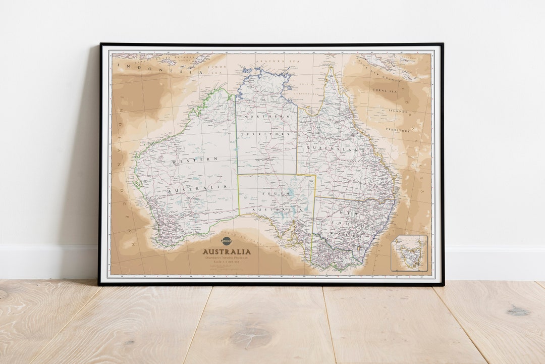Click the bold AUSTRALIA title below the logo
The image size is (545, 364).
pyautogui.click(x=227, y=251)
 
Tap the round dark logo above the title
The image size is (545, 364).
pyautogui.click(x=227, y=241)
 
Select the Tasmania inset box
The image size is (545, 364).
pyautogui.click(x=409, y=253)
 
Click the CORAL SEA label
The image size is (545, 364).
pyautogui.click(x=385, y=91)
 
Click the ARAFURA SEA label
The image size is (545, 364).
pyautogui.click(x=270, y=61)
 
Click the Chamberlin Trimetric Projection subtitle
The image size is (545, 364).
pyautogui.click(x=227, y=258)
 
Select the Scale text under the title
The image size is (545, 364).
pyautogui.click(x=227, y=263)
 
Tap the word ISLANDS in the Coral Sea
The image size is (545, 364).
pyautogui.click(x=398, y=111)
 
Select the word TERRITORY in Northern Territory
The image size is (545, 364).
pyautogui.click(x=266, y=134)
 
